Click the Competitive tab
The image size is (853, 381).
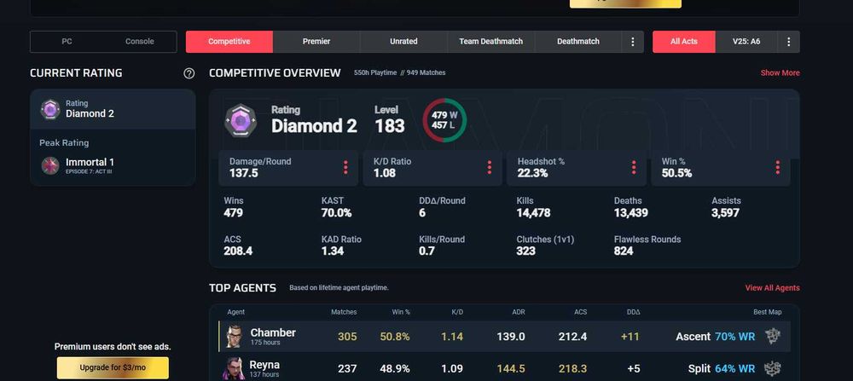(229, 42)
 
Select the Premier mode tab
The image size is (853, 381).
(316, 42)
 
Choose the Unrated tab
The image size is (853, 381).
(403, 42)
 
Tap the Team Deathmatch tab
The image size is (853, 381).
(490, 42)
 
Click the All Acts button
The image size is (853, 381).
(683, 42)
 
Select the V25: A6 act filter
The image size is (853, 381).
(746, 42)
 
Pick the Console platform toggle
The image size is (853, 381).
(140, 42)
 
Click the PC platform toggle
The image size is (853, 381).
(67, 42)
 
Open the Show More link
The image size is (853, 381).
(780, 73)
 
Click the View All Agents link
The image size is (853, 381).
(772, 288)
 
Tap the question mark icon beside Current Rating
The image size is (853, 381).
(189, 73)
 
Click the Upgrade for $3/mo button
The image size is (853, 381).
(113, 367)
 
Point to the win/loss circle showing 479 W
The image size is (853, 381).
(444, 120)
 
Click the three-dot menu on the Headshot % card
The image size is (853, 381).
(634, 167)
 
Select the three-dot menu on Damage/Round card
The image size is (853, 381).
(345, 167)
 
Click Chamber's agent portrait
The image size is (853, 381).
(234, 337)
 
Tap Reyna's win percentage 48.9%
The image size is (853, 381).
(394, 368)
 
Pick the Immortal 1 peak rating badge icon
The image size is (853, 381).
(50, 164)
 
